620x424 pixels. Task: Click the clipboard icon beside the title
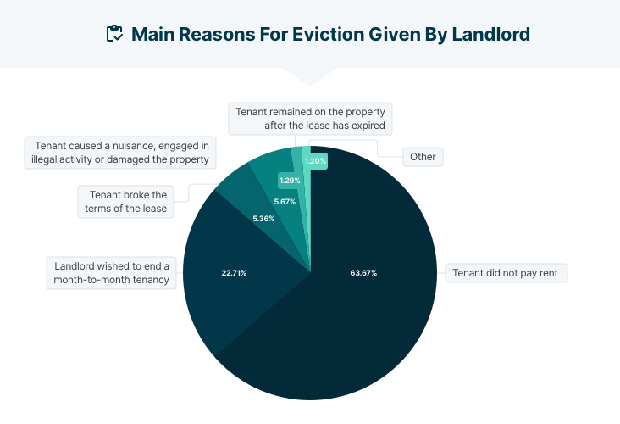pos(114,34)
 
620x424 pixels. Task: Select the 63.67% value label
pos(363,273)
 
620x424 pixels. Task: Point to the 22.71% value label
pos(233,273)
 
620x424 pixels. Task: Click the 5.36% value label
pos(263,219)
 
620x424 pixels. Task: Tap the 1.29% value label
pos(290,181)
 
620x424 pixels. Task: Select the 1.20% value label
pos(315,160)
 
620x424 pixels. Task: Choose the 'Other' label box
pos(422,157)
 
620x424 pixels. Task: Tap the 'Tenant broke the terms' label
pos(128,201)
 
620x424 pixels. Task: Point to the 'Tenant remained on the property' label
pos(311,118)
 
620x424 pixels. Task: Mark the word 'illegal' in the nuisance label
pos(47,159)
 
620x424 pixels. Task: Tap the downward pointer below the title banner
pos(310,77)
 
